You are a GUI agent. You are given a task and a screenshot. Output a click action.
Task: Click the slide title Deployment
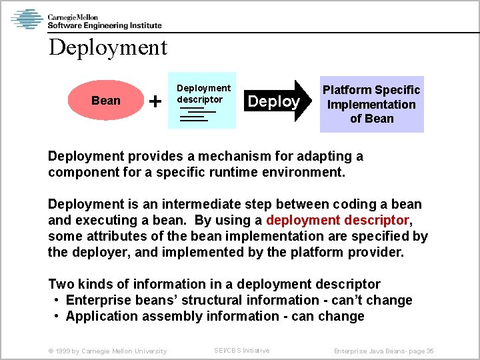(x=108, y=48)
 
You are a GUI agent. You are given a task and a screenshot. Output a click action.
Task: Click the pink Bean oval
(x=106, y=101)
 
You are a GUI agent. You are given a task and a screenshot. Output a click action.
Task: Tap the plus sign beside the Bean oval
(x=155, y=101)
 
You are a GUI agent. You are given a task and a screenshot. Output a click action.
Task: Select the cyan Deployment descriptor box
(x=202, y=100)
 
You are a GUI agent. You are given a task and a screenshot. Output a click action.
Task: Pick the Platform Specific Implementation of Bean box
(x=371, y=104)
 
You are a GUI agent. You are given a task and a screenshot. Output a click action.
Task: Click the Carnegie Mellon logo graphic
(x=27, y=19)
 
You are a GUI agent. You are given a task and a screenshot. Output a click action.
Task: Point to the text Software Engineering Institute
(x=105, y=25)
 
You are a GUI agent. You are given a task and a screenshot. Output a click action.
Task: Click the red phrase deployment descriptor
(x=337, y=220)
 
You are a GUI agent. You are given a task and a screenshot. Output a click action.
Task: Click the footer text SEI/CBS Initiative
(x=241, y=350)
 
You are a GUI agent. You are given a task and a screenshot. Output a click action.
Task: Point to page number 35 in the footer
(x=430, y=351)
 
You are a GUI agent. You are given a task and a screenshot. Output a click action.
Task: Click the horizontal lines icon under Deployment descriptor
(x=194, y=115)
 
